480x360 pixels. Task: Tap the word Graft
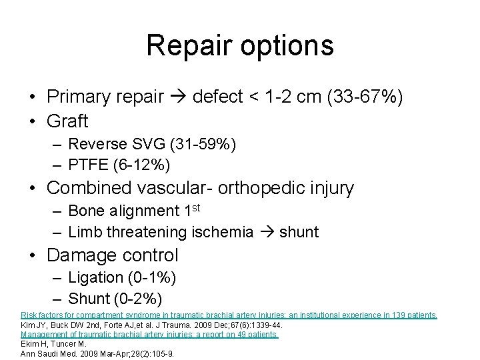click(68, 121)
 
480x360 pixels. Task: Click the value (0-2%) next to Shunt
click(138, 297)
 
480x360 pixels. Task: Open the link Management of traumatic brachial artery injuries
click(149, 335)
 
